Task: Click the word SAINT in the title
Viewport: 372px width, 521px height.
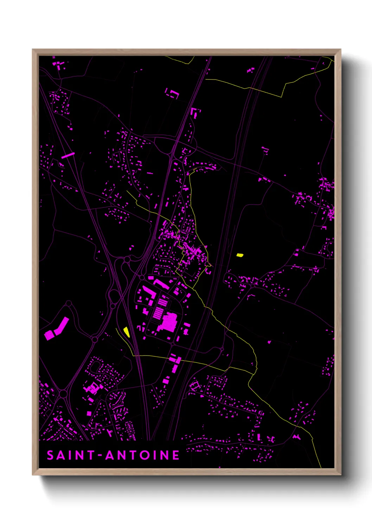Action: [x=70, y=455]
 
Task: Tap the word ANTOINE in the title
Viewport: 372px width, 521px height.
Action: [x=142, y=455]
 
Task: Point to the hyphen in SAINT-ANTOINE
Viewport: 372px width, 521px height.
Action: [x=100, y=456]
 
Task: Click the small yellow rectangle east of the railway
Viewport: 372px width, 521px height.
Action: [x=240, y=255]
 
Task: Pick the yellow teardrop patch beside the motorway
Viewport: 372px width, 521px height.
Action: [x=126, y=331]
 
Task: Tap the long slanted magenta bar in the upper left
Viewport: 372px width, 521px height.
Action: [x=68, y=155]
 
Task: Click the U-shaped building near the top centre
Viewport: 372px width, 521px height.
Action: [x=172, y=93]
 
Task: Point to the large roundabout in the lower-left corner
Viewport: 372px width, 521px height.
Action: [x=63, y=393]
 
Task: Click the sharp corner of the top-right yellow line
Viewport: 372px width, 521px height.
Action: [x=281, y=97]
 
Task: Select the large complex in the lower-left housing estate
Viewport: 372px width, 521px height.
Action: [x=92, y=388]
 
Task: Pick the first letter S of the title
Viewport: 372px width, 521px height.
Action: [x=50, y=455]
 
